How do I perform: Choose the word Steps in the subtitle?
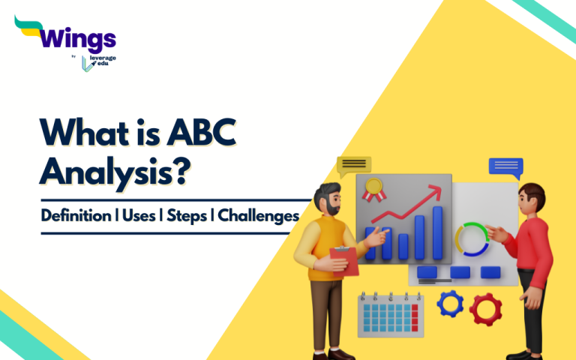point(191,215)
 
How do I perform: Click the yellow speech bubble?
point(354,165)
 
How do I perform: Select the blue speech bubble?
point(505,166)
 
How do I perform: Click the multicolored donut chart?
point(472,238)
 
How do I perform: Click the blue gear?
point(451,303)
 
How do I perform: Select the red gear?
point(485,307)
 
